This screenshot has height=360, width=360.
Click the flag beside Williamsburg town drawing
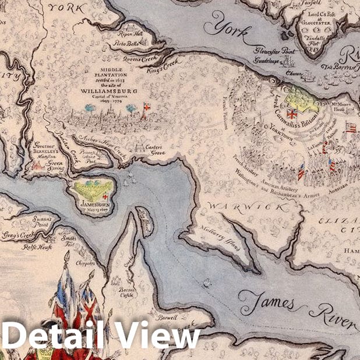[146, 107]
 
